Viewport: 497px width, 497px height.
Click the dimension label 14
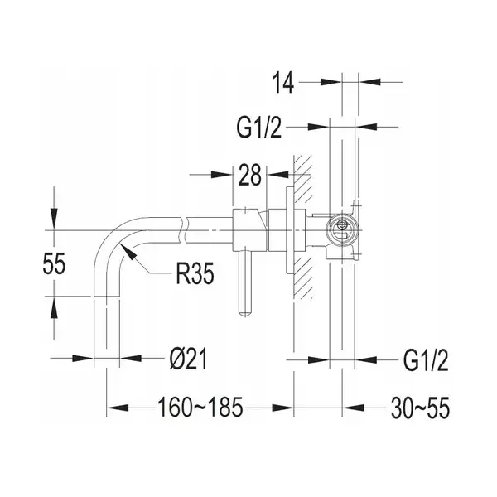point(283,82)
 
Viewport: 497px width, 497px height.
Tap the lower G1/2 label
point(426,360)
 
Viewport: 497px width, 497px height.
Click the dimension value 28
point(250,174)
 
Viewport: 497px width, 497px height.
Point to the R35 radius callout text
point(195,273)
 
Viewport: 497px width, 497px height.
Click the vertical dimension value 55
point(54,263)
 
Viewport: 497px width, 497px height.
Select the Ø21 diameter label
point(188,359)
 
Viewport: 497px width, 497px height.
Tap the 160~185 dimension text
point(200,408)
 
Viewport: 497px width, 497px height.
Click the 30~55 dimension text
point(420,408)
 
